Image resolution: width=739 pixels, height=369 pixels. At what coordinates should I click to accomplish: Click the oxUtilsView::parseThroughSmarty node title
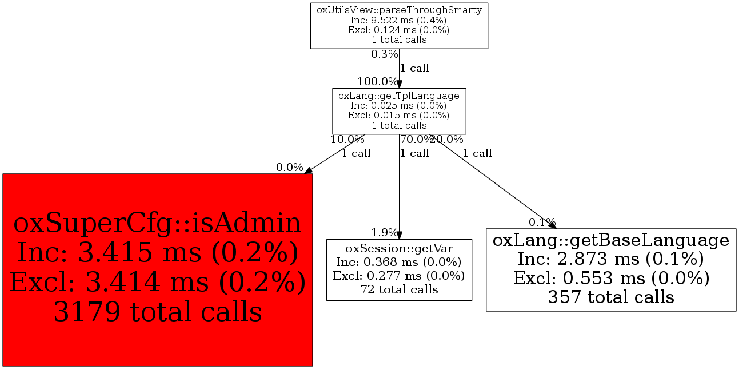399,10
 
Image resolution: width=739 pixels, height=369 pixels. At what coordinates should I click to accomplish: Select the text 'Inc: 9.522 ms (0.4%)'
398,20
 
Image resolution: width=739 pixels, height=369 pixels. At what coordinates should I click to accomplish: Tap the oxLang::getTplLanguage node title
399,96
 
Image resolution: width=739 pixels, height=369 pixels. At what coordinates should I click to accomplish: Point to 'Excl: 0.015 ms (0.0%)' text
398,116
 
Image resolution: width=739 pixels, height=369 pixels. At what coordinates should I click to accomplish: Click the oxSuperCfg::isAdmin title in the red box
157,223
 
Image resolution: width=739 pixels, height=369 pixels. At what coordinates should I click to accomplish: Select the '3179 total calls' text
158,312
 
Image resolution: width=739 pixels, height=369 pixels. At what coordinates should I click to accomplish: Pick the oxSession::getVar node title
399,248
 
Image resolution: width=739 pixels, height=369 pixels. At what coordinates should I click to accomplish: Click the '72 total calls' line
399,289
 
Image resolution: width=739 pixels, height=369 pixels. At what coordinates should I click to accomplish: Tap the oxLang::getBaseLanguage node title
610,240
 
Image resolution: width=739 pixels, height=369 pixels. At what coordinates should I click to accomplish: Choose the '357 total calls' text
611,297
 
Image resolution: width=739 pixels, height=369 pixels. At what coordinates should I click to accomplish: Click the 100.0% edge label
378,81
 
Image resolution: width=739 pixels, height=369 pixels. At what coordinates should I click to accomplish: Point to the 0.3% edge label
384,54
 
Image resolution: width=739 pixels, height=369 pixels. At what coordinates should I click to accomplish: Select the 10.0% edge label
347,140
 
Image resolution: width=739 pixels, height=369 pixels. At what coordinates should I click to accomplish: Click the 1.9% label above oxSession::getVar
384,233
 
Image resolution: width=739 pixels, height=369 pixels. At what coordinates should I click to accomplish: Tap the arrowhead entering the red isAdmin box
307,170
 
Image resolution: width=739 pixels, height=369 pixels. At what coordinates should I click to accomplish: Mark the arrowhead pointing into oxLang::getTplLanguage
399,84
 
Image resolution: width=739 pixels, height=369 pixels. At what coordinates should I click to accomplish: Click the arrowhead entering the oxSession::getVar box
399,235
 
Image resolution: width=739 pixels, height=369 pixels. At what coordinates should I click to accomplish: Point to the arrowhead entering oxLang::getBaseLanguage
553,225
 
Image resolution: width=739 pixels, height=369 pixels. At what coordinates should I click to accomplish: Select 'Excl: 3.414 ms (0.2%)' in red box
158,282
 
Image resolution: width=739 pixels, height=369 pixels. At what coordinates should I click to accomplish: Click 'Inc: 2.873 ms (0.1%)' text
610,259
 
